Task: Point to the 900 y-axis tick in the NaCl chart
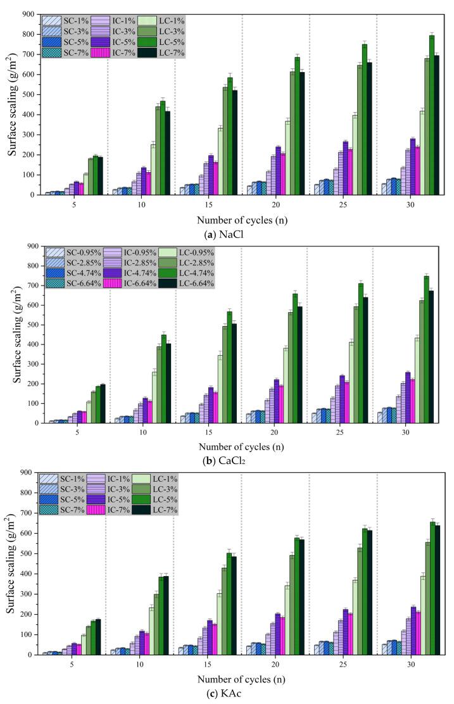point(26,14)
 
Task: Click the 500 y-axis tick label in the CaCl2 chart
point(26,325)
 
